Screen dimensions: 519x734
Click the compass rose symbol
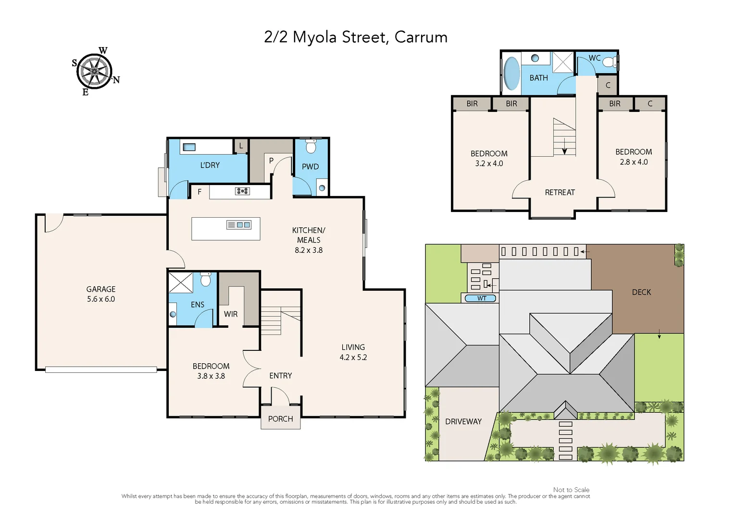coord(95,71)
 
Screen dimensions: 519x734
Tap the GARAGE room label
coord(101,289)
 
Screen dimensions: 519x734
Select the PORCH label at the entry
coord(280,419)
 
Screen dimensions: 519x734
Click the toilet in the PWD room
coord(311,146)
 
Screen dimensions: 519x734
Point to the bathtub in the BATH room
coord(511,74)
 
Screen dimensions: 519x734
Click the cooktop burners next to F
coord(242,191)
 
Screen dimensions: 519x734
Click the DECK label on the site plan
coord(641,292)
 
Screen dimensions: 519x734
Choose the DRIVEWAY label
coord(463,421)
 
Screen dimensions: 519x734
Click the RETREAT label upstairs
coord(560,192)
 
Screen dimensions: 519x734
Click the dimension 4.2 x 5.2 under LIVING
coord(353,358)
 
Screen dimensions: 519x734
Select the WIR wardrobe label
coord(231,314)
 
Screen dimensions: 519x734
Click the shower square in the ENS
coord(181,282)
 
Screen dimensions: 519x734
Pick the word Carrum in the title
coord(421,37)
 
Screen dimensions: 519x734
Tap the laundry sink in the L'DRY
coord(188,147)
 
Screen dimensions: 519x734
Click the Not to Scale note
coord(571,490)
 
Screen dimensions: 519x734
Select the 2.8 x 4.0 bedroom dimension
coord(634,162)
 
